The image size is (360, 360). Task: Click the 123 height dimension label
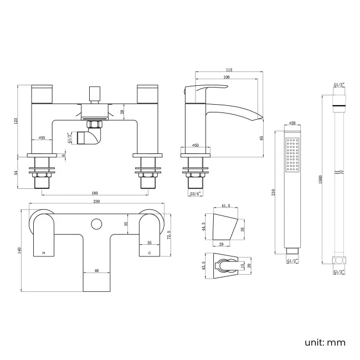[x=17, y=120]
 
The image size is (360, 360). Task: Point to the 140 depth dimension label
[x=19, y=250]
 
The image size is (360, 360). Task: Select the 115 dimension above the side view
[x=229, y=70]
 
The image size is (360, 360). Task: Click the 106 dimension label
[x=227, y=78]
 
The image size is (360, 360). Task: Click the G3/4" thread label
[x=195, y=194]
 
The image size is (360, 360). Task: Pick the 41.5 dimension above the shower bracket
[x=227, y=207]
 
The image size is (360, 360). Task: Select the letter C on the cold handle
[x=150, y=253]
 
